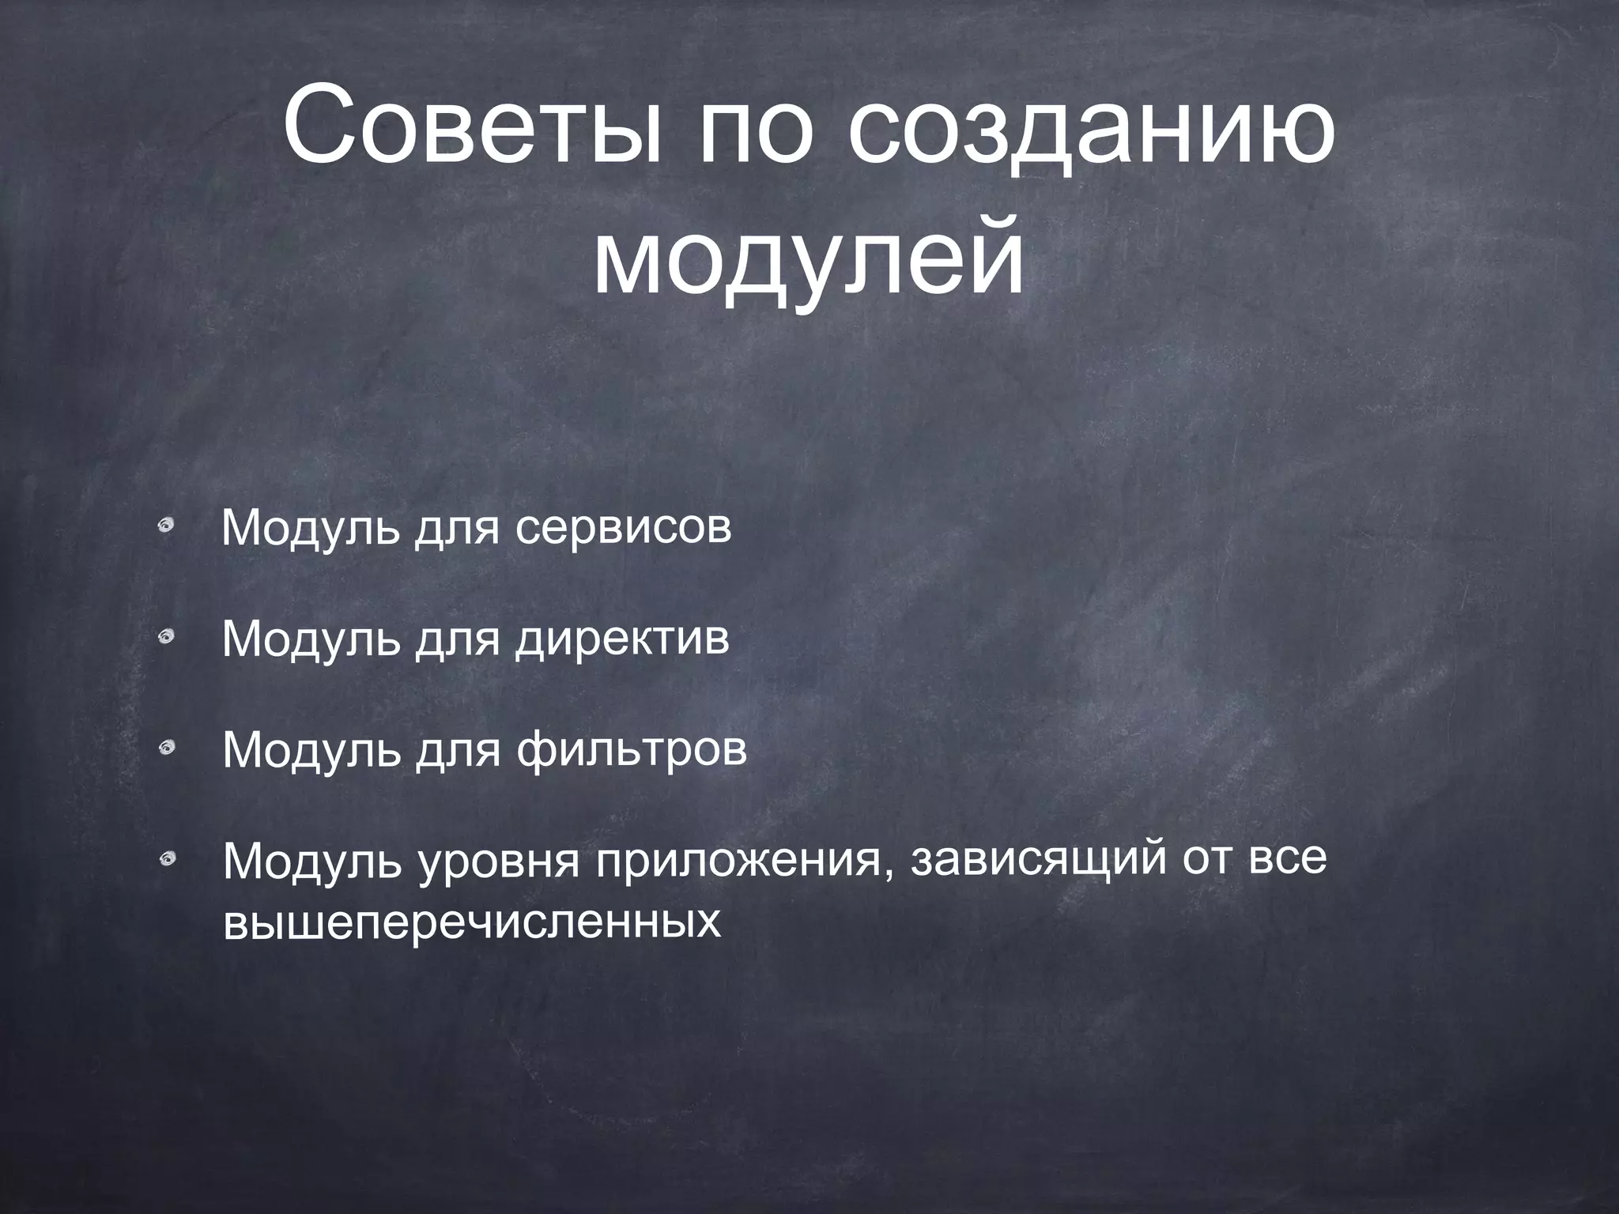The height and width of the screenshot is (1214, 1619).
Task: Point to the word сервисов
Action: [x=624, y=528]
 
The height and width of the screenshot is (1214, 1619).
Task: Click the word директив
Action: [x=622, y=639]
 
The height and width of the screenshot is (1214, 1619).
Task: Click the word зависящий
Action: [x=1038, y=861]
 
